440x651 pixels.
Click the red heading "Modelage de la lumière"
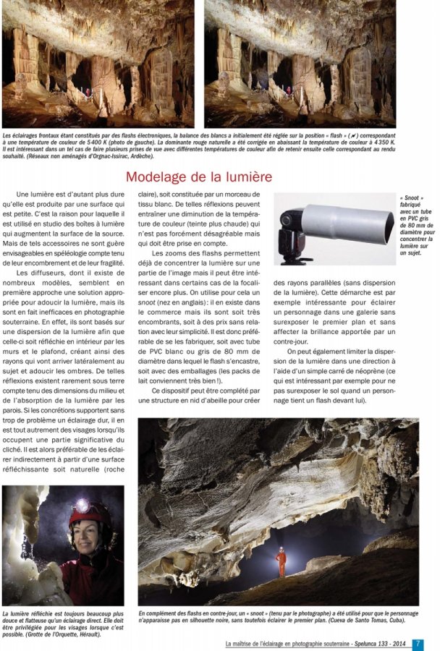point(199,176)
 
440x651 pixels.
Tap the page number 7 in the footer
point(418,643)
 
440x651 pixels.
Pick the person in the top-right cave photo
point(289,92)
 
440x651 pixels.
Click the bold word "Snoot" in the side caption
point(411,198)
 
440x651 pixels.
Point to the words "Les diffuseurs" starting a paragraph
point(41,273)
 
